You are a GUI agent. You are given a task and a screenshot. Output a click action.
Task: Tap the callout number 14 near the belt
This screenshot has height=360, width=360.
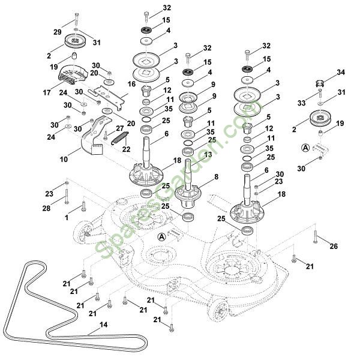103,325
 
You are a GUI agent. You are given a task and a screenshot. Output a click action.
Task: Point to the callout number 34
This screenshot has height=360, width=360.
341,73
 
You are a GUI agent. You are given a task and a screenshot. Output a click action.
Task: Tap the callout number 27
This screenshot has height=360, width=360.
120,128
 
